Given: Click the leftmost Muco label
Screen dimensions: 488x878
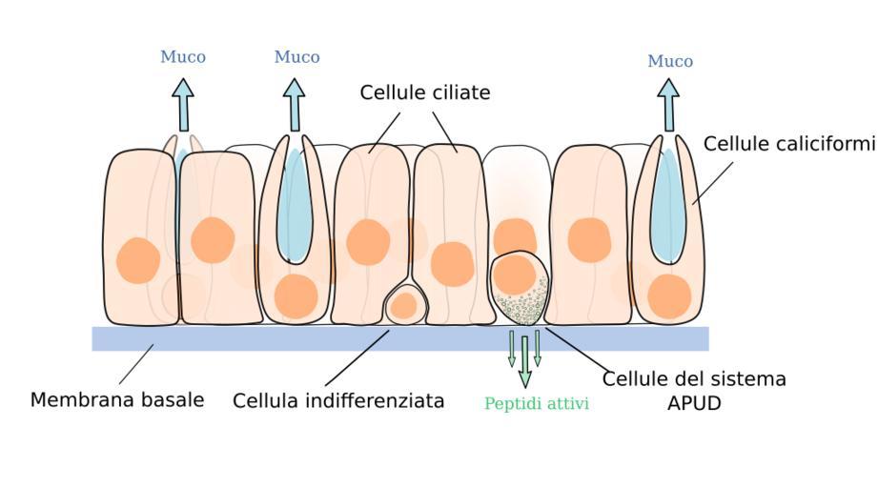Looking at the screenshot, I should click(x=182, y=57).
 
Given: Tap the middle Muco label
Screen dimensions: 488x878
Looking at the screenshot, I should click(x=296, y=57).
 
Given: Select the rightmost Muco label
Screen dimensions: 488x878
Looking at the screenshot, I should click(x=670, y=62).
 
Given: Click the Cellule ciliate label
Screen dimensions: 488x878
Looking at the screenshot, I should click(x=424, y=92).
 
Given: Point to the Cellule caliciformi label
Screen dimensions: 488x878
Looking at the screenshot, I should click(x=788, y=144).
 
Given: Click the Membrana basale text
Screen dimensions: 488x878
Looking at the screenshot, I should click(x=117, y=399).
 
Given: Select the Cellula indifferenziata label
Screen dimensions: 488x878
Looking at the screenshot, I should click(x=338, y=400).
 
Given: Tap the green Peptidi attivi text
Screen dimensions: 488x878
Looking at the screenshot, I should click(x=537, y=404).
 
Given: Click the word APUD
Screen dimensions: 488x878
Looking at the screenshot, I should click(x=693, y=403).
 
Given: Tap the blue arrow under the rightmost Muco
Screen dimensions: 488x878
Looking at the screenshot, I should click(x=668, y=105).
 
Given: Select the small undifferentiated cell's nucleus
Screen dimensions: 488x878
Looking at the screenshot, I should click(x=404, y=306).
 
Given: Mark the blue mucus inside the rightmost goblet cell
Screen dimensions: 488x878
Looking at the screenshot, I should click(x=669, y=205).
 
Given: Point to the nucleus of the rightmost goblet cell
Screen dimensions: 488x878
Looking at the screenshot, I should click(x=668, y=295).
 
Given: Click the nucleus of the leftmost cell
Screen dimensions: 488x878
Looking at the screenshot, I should click(x=138, y=260).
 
